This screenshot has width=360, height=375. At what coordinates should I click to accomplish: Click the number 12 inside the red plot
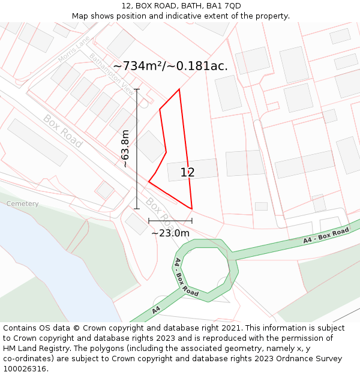(x=187, y=173)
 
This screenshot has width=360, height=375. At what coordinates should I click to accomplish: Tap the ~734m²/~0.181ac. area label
(x=170, y=66)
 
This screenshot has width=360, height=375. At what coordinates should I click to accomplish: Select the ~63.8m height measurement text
(x=125, y=149)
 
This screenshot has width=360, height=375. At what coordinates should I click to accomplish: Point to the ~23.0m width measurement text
(x=170, y=233)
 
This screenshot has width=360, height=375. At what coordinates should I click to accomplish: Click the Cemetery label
(x=23, y=204)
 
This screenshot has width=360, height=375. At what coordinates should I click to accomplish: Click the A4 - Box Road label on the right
(x=326, y=235)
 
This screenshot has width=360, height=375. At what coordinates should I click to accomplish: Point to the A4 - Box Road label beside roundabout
(x=186, y=277)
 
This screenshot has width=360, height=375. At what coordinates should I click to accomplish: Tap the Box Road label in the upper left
(x=62, y=131)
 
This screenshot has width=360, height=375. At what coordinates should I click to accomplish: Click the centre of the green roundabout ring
(x=206, y=270)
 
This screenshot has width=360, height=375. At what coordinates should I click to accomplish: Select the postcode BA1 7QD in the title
(x=226, y=6)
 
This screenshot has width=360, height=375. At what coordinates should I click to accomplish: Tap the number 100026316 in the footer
(x=25, y=369)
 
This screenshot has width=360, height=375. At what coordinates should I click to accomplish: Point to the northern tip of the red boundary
(x=179, y=89)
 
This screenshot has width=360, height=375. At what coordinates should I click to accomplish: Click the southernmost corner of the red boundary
(x=191, y=209)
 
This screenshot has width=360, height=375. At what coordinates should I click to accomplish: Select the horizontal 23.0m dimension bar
(x=170, y=221)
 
